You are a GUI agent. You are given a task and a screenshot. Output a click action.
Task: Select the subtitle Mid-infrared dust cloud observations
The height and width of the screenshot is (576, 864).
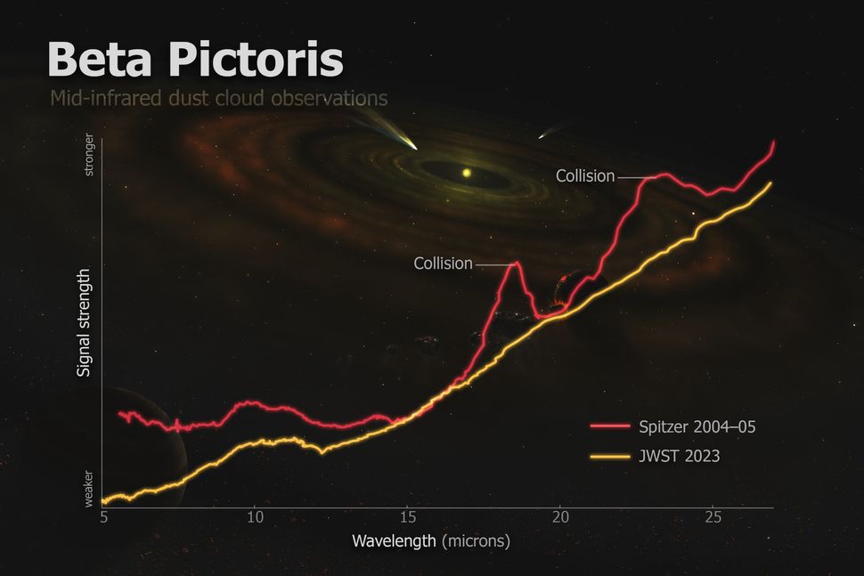(218, 97)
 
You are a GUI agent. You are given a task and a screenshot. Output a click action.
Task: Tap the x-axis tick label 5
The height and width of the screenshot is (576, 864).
(103, 516)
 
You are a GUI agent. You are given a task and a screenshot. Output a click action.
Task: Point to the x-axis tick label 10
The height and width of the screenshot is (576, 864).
(255, 516)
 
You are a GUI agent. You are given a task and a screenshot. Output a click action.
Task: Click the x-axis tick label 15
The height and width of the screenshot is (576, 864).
(407, 516)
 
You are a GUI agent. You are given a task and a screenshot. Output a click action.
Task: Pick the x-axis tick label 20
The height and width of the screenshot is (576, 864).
(559, 516)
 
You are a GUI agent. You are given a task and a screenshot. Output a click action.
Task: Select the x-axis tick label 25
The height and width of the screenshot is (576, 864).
(713, 516)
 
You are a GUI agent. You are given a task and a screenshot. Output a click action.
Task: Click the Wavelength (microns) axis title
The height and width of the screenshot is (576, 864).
(430, 540)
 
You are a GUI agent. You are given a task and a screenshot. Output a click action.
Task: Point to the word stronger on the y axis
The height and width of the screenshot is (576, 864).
(88, 156)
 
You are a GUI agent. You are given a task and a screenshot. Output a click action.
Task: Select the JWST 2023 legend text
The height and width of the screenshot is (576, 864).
(679, 456)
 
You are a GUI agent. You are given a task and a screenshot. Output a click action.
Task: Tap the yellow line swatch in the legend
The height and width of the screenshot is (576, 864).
(609, 456)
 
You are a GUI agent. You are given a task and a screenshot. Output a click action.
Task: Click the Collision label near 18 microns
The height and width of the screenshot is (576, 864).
(443, 264)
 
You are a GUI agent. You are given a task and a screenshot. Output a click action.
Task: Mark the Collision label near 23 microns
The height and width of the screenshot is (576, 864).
(585, 176)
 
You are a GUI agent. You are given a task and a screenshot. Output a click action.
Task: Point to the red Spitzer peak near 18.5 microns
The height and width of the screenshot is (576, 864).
(513, 264)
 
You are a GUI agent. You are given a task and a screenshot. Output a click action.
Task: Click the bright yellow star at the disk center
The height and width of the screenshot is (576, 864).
(465, 172)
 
